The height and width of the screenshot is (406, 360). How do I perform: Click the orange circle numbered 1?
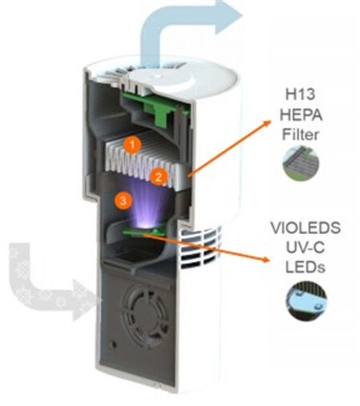(133, 145)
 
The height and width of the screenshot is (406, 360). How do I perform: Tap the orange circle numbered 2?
(158, 177)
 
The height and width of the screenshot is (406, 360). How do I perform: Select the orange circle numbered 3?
(123, 201)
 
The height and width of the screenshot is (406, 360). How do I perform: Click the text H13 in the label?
(300, 94)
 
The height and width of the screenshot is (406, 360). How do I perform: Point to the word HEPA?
(301, 115)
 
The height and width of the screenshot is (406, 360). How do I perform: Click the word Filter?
(300, 134)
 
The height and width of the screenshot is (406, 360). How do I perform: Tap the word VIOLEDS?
(306, 228)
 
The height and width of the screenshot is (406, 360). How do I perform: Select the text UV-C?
(306, 247)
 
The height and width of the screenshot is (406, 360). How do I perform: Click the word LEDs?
(306, 267)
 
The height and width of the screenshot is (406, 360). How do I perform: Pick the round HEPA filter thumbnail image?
(301, 163)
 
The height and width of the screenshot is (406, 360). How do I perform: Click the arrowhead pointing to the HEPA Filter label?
(267, 123)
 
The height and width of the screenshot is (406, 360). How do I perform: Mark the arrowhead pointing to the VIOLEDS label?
(266, 259)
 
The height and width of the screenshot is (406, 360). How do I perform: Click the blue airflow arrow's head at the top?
(229, 17)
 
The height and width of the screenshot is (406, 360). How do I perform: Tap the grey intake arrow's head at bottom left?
(86, 300)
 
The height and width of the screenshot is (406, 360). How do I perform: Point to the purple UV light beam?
(146, 202)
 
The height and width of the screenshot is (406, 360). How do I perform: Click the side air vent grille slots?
(201, 247)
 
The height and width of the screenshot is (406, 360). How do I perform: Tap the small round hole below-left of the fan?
(114, 344)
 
